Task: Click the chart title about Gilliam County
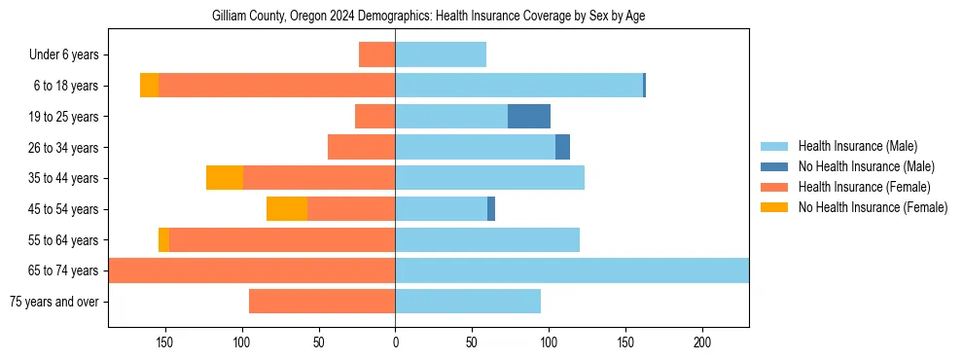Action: tap(428, 17)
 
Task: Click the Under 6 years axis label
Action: tap(69, 55)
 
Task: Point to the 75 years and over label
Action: tap(53, 302)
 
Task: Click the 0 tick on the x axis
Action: tap(395, 342)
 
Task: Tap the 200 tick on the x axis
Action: tap(702, 342)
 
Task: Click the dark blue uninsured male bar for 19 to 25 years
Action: tap(529, 117)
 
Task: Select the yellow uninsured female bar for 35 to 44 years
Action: tap(225, 178)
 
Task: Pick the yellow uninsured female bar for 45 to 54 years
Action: tap(287, 209)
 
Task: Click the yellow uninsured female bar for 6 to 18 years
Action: tap(149, 86)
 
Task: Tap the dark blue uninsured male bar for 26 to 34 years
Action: tap(562, 147)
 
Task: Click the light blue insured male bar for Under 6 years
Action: tap(441, 55)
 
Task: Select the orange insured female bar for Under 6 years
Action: tap(376, 55)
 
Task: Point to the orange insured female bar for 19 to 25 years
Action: tap(374, 117)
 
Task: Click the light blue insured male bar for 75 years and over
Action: tap(468, 302)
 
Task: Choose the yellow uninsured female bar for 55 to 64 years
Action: tap(163, 240)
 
